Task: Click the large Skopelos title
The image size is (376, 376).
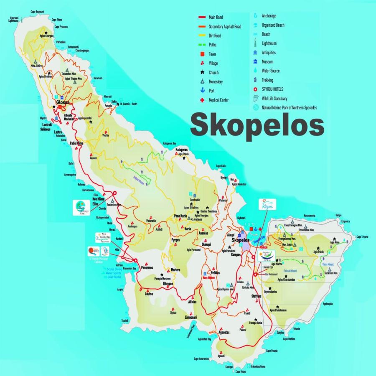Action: click(257, 124)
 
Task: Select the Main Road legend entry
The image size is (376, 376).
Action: click(216, 17)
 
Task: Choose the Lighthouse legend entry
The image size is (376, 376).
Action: click(269, 43)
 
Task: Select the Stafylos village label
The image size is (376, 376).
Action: click(256, 296)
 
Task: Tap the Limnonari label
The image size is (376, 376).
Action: click(182, 318)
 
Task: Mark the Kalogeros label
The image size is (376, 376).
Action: click(181, 149)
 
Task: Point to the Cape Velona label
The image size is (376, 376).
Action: click(241, 371)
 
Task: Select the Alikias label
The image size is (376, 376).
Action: click(192, 302)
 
